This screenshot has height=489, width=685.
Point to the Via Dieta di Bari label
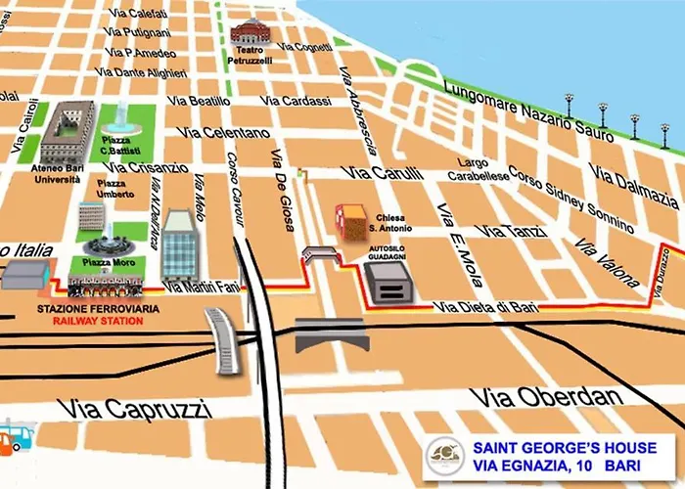click(x=486, y=307)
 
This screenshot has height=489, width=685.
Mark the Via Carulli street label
click(x=380, y=173)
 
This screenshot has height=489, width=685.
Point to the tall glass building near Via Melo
click(x=181, y=244)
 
